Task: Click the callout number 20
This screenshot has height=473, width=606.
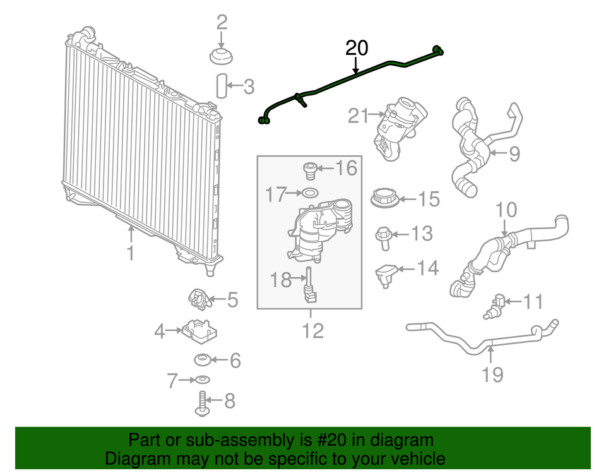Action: pos(356,48)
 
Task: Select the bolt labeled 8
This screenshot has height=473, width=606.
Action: pos(202,404)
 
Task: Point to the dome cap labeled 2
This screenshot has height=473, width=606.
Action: pos(221,56)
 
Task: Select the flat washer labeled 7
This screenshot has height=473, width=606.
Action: pos(203,380)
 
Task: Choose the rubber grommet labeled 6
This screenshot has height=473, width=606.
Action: pos(203,360)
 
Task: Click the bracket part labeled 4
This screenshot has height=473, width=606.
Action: pos(199,331)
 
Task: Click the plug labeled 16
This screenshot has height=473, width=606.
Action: pos(310,171)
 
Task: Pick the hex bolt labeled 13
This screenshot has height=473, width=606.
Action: pos(384,238)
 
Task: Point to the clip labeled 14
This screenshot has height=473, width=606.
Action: pos(386,275)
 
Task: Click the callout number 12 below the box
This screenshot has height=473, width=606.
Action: pos(312,331)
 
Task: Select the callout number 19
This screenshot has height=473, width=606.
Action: pos(492,374)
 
